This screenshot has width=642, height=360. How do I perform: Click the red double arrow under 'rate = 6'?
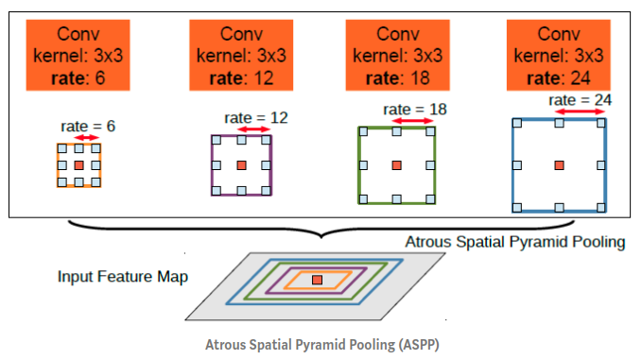click(x=86, y=138)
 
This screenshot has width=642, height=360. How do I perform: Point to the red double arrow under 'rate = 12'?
click(x=256, y=129)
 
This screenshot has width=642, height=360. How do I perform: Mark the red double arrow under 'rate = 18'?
click(x=410, y=121)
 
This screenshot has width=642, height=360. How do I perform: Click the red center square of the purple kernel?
click(x=241, y=165)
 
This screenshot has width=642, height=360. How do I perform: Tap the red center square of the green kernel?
click(x=396, y=165)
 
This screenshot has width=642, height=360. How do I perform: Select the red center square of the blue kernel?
click(x=560, y=165)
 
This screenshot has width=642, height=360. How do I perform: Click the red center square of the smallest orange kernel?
click(x=78, y=165)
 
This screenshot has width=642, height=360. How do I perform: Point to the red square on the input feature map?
click(x=317, y=280)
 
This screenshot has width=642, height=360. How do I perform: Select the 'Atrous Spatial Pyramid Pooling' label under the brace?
click(x=515, y=242)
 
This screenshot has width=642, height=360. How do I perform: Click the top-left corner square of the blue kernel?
click(x=516, y=122)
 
